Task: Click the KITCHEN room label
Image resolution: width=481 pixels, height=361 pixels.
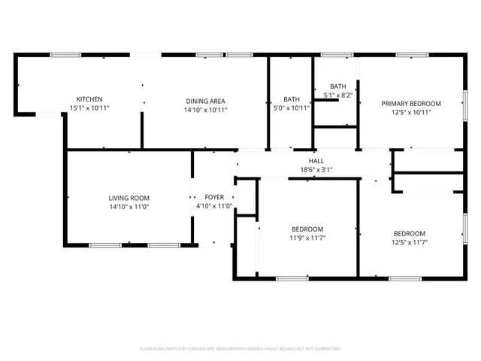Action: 89,99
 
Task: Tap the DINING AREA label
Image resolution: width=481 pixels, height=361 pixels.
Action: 206,100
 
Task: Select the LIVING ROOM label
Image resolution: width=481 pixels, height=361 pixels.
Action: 129,198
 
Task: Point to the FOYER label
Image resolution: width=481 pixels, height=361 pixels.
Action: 214,198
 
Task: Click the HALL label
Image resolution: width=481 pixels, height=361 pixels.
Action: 316,161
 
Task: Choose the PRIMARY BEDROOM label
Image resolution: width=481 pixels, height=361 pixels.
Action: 410,104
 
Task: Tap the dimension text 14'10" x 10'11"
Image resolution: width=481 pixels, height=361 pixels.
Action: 206,110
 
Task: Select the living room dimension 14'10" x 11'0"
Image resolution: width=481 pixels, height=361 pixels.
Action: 129,207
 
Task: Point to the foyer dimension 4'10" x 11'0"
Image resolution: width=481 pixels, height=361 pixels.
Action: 214,207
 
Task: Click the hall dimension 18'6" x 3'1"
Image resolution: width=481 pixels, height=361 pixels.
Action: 316,170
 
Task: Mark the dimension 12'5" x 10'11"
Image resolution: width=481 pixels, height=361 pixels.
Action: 410,113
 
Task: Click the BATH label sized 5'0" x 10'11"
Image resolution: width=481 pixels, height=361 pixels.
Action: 292,100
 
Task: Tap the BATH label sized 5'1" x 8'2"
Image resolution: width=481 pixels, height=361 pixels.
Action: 337,86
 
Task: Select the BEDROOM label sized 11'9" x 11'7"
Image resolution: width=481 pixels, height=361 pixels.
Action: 307,229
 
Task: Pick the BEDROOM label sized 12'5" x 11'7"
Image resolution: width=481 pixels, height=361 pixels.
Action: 410,233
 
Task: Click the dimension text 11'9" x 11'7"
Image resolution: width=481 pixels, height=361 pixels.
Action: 307,238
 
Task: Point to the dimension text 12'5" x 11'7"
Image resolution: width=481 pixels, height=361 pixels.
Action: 410,242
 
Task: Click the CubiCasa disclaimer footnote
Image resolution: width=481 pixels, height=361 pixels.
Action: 240,349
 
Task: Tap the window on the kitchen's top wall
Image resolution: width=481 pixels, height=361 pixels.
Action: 65,54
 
